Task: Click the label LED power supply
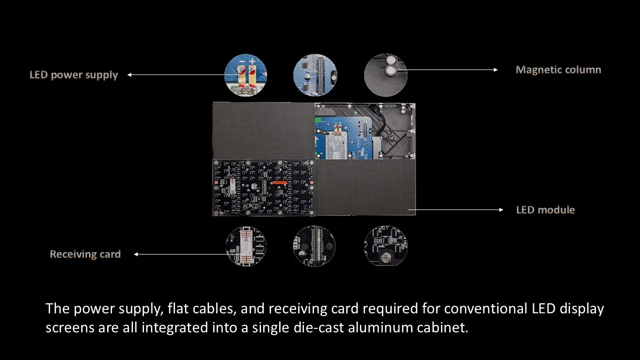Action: [x=73, y=75]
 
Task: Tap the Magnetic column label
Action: [x=558, y=69]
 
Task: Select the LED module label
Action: [x=545, y=210]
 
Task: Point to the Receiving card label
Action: [x=85, y=254]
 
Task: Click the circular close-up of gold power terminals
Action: [x=245, y=75]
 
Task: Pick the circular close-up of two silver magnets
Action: [x=385, y=75]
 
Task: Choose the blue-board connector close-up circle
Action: [x=315, y=75]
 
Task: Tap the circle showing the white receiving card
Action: [x=246, y=246]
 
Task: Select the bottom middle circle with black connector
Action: [x=314, y=246]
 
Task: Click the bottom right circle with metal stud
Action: [x=385, y=246]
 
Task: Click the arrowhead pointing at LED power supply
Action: [x=129, y=75]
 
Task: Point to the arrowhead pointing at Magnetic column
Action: [x=495, y=69]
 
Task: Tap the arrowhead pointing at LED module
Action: [x=501, y=209]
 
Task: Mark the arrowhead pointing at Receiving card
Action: [x=136, y=254]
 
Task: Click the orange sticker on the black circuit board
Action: [x=279, y=182]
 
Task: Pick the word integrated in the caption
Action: [x=174, y=328]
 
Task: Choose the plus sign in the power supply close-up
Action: [x=252, y=61]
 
